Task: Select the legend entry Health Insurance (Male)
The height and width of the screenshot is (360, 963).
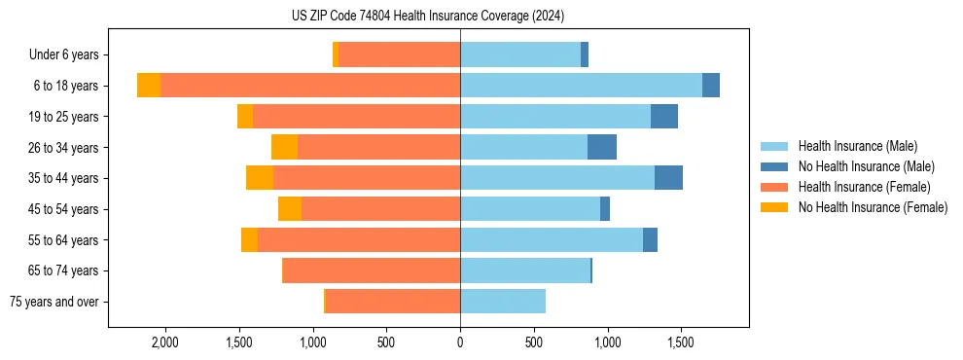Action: pyautogui.click(x=857, y=146)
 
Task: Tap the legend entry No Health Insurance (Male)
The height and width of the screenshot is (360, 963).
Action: pyautogui.click(x=866, y=166)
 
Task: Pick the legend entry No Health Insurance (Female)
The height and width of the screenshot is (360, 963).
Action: pyautogui.click(x=873, y=207)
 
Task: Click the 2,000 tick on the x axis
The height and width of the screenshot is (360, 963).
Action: pyautogui.click(x=163, y=342)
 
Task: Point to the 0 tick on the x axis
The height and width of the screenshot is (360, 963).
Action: pyautogui.click(x=460, y=342)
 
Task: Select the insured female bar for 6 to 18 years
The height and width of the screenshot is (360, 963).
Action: pyautogui.click(x=310, y=86)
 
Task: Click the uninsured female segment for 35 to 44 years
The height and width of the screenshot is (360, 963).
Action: pyautogui.click(x=260, y=178)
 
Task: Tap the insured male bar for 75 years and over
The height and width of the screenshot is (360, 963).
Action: pyautogui.click(x=503, y=302)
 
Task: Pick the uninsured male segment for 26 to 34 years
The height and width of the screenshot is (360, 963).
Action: pyautogui.click(x=602, y=147)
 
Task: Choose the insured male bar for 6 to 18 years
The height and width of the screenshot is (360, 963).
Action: pyautogui.click(x=581, y=86)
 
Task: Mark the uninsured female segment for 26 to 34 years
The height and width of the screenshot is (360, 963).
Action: pyautogui.click(x=284, y=147)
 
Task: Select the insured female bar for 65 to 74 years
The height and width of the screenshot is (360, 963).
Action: pyautogui.click(x=372, y=270)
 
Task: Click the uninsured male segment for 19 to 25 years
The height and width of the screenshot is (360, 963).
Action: pyautogui.click(x=664, y=117)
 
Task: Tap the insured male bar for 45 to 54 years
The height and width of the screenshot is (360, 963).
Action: pyautogui.click(x=530, y=209)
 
